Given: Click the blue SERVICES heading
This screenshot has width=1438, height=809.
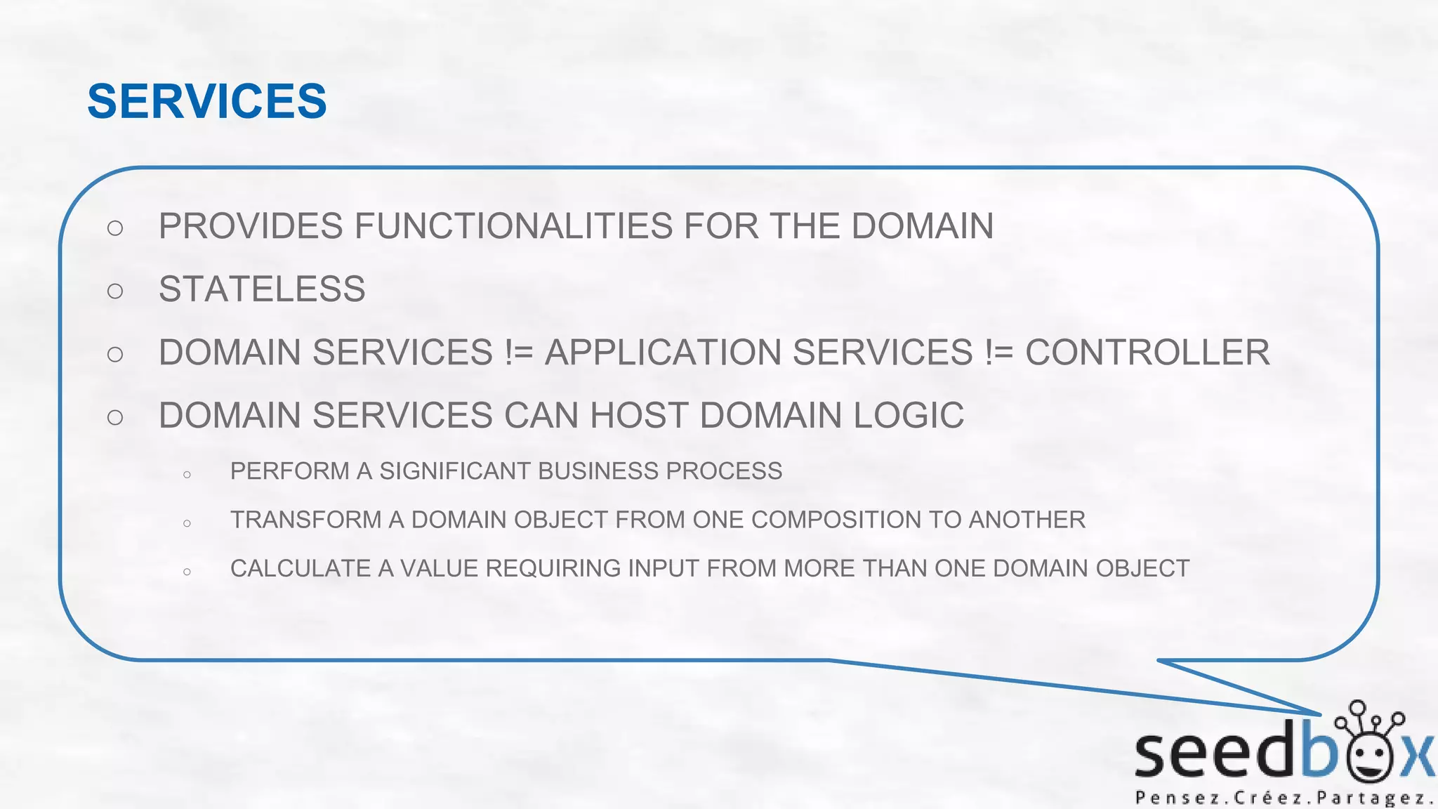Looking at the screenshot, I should pos(206,101).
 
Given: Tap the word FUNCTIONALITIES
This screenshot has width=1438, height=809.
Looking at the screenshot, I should pos(513,226).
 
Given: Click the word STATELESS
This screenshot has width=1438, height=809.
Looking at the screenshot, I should pos(262,289).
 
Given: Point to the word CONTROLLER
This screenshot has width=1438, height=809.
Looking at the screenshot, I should pos(1147,353).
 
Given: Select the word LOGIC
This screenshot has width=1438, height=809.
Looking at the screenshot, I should pos(909,416).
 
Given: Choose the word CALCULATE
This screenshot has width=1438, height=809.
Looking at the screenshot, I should pos(301,568).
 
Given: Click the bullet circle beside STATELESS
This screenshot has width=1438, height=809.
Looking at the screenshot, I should pos(115,291).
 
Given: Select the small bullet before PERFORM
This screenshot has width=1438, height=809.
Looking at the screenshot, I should pos(187,475).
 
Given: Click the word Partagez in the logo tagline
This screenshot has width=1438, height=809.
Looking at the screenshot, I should pos(1373,798).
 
